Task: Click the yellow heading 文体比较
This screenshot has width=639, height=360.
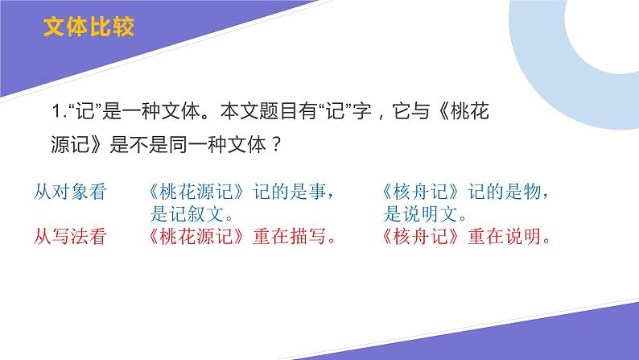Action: point(89,27)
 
